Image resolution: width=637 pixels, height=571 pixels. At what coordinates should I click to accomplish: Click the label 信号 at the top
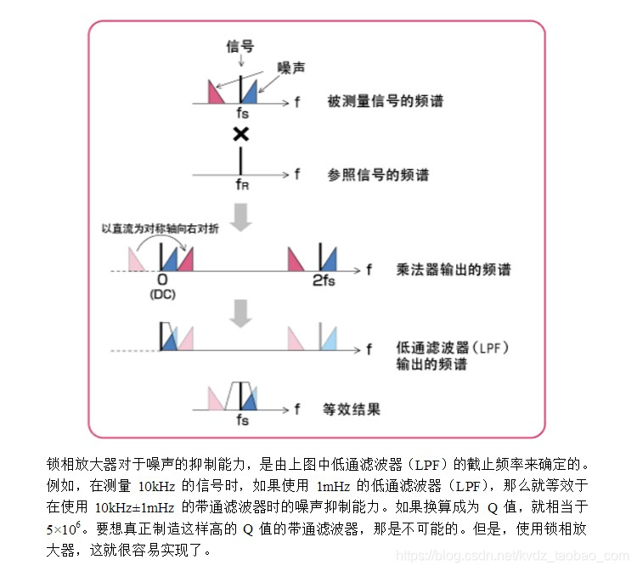[240, 46]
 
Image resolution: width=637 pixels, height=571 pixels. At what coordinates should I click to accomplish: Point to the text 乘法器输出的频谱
[454, 270]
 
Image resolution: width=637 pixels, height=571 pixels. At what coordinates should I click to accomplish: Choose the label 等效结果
[353, 410]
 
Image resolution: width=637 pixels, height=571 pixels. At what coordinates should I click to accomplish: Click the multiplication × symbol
[241, 134]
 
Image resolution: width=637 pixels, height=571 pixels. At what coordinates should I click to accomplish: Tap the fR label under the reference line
[242, 185]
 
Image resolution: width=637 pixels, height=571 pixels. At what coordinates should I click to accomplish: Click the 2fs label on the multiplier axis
[323, 280]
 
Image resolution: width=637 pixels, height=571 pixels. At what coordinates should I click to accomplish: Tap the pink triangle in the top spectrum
[211, 93]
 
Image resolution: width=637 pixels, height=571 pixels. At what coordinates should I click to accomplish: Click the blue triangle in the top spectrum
[250, 93]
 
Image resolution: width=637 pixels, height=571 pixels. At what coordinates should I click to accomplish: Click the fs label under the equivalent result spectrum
[243, 420]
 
